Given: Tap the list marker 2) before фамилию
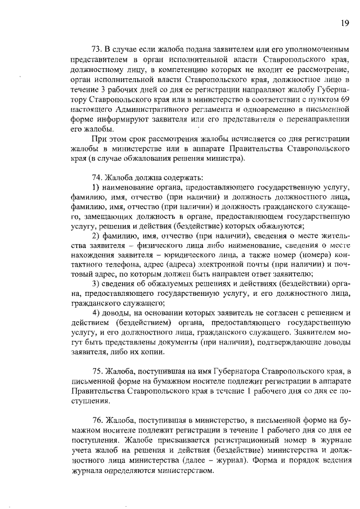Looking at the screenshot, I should pos(95,250).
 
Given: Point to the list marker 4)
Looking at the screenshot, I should pos(95,314).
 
